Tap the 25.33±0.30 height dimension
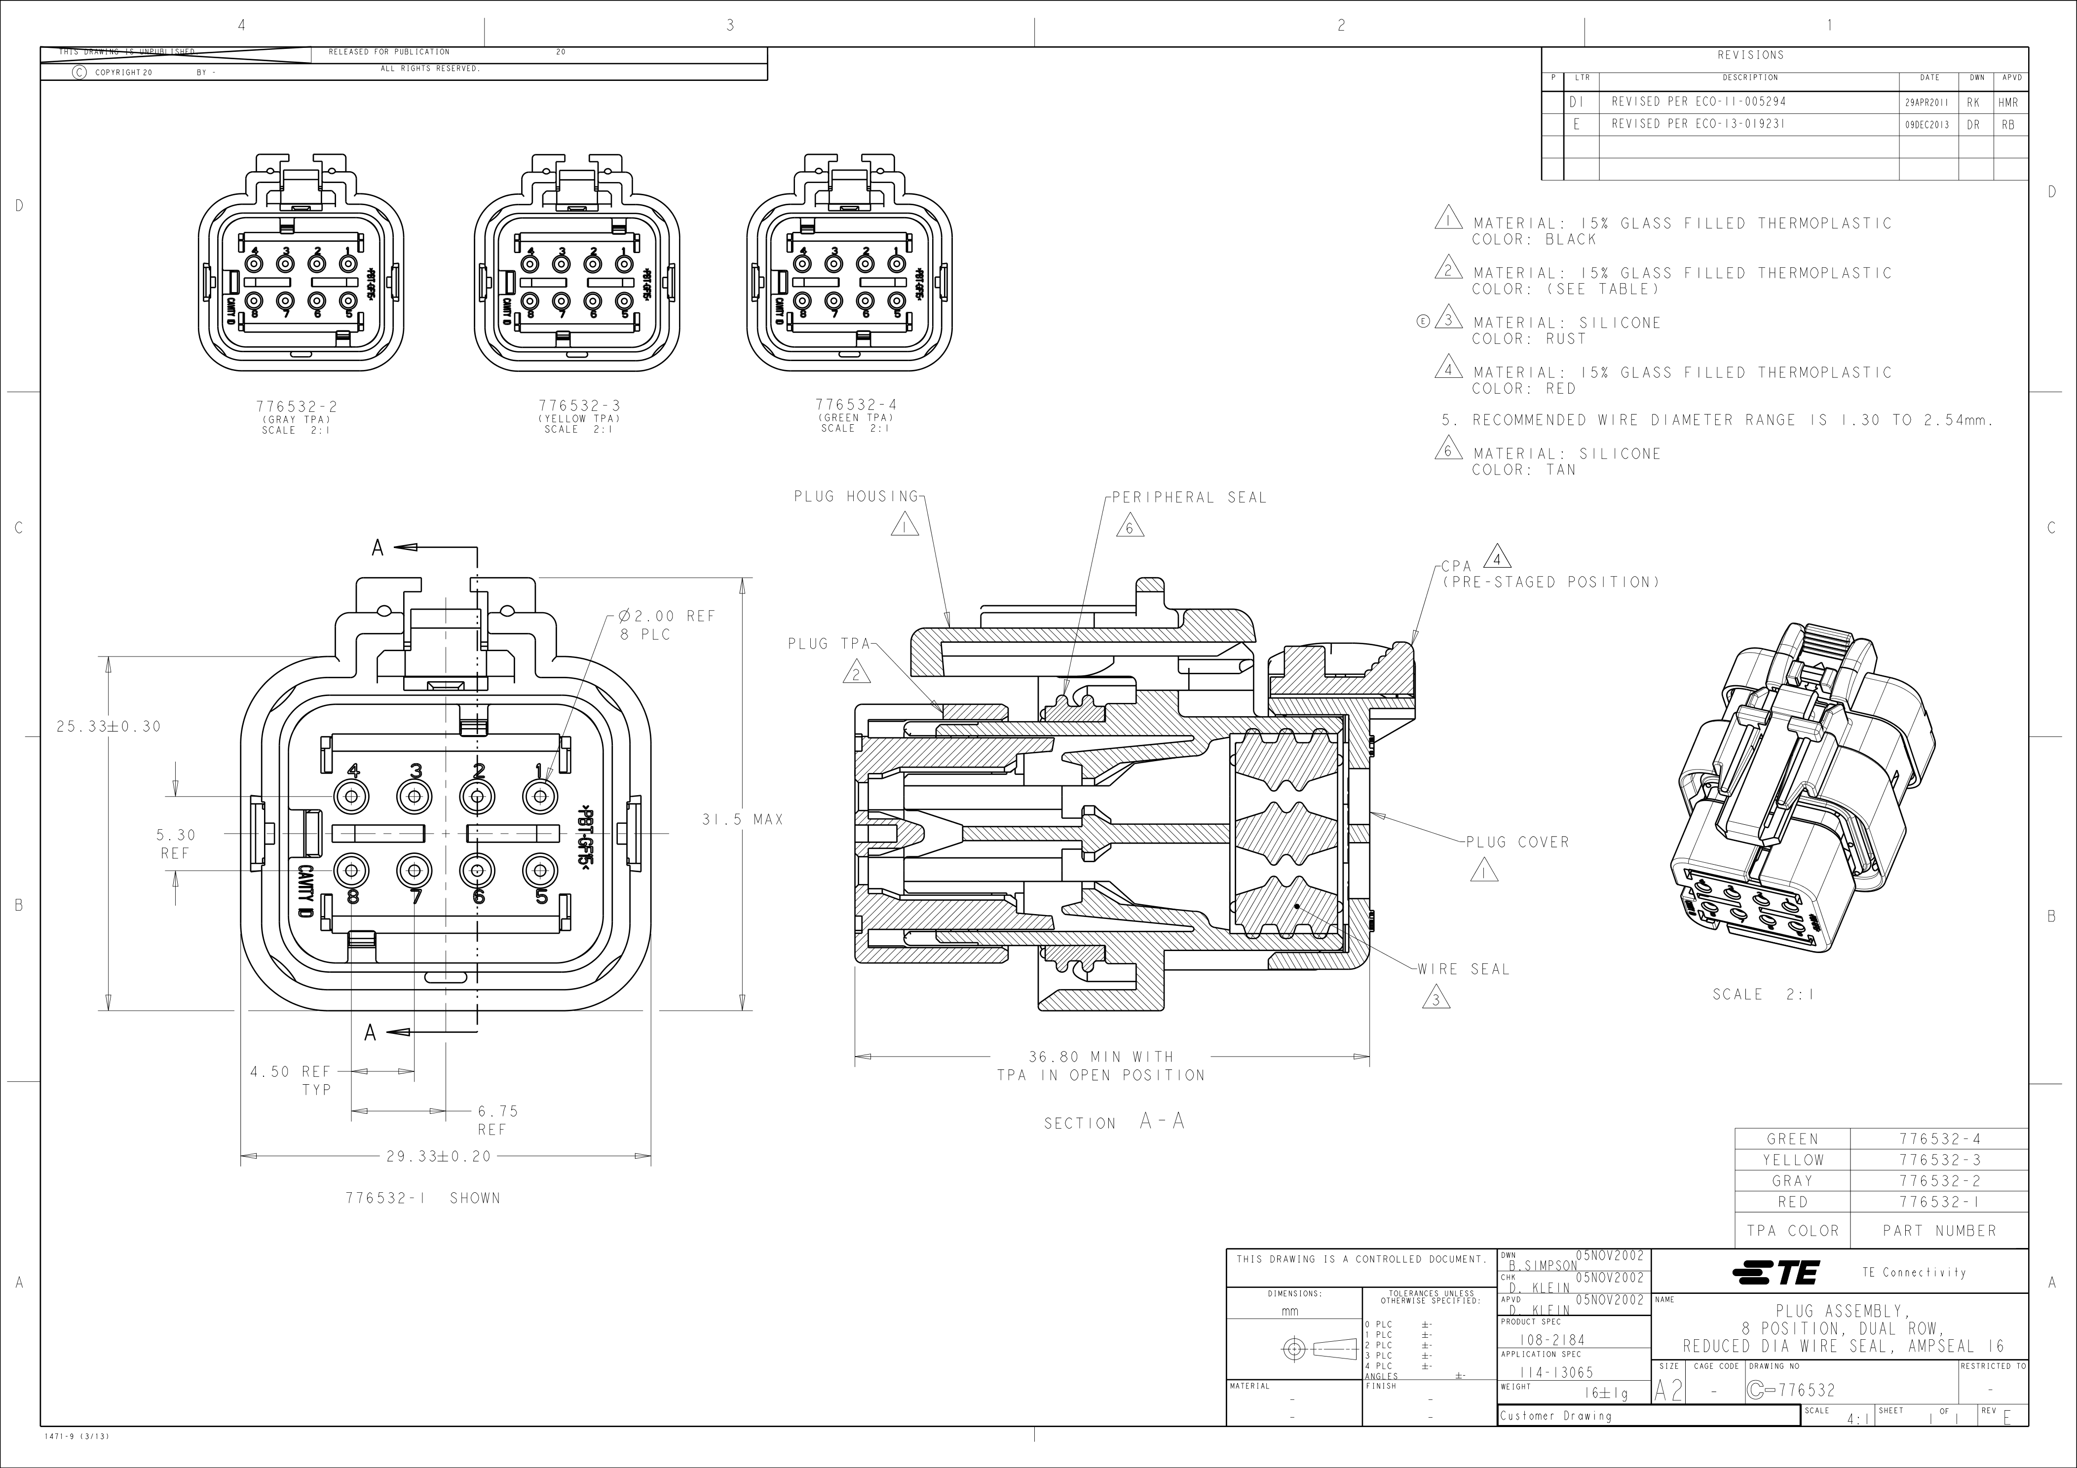[x=109, y=726]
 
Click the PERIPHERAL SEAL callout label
[x=1189, y=498]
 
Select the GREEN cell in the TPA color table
[x=1792, y=1139]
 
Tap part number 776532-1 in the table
[x=1939, y=1202]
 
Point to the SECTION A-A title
[x=1114, y=1123]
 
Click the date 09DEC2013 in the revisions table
[x=1928, y=125]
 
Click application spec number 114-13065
[x=1556, y=1372]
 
